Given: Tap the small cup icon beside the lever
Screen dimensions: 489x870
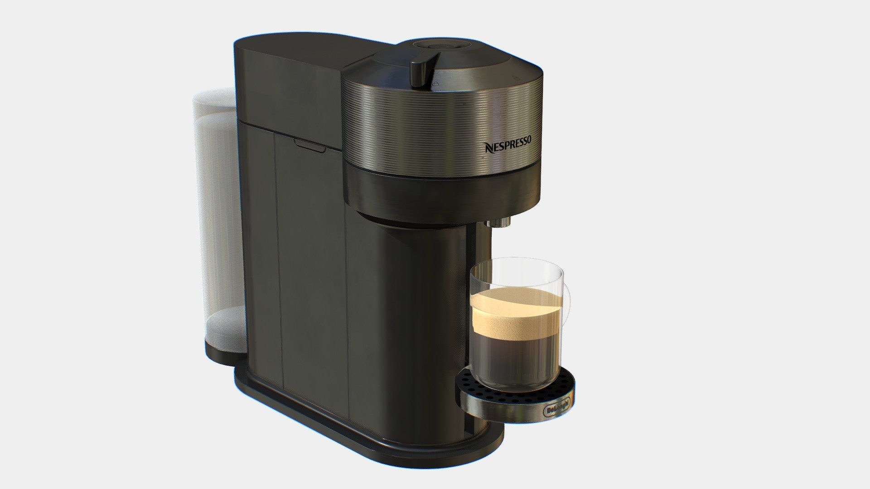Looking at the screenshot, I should pyautogui.click(x=436, y=84).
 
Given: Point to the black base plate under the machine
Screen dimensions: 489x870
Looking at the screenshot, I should pyautogui.click(x=362, y=430).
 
